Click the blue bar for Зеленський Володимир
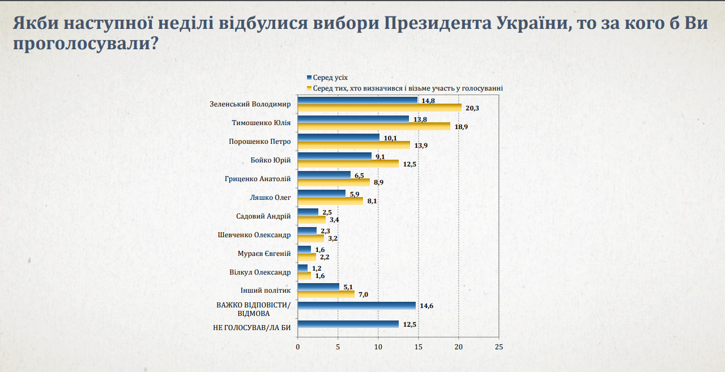coord(357,100)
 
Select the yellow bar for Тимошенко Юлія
coord(374,126)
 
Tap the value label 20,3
coord(472,108)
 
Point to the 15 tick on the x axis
coord(419,346)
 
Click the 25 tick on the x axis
coord(499,346)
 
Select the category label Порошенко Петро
coord(259,142)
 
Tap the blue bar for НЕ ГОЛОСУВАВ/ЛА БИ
coord(348,324)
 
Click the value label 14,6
coord(426,306)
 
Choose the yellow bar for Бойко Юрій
coord(348,164)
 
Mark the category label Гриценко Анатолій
coord(258,179)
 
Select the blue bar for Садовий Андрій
coord(308,212)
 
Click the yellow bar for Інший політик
coord(326,294)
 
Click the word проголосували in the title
coord(79,43)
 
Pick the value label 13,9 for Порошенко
coord(421,145)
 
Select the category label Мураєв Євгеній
coord(264,254)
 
